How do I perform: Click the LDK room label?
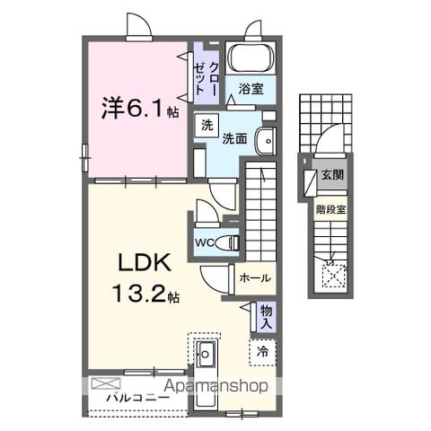[145, 262]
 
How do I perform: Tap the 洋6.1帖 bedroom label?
[140, 109]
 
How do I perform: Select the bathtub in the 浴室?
[251, 58]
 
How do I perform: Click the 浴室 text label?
[251, 89]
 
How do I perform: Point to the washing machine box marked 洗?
[207, 126]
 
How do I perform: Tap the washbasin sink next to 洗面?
[265, 141]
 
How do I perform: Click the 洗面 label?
[234, 139]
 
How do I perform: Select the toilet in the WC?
[228, 242]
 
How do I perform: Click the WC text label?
[205, 242]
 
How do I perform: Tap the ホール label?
[255, 278]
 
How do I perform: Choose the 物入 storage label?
[266, 317]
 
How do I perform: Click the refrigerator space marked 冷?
[262, 352]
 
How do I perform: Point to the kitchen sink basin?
[205, 354]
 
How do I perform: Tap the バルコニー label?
[138, 398]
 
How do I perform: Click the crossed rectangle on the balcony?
[106, 383]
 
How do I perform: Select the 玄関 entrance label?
[332, 174]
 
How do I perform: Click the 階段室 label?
[331, 209]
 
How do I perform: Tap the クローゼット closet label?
[206, 78]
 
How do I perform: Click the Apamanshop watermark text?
[216, 386]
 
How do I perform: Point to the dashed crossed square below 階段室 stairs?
[334, 276]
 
